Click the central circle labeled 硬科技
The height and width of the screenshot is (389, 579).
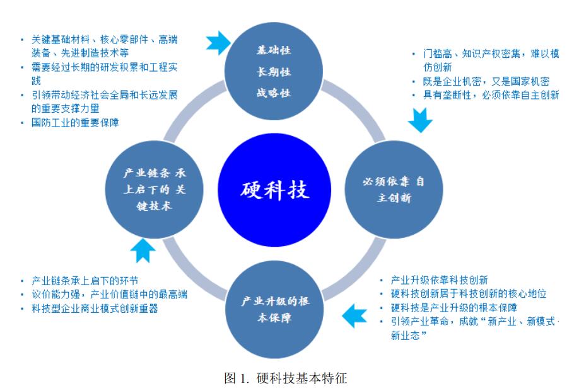point(276,188)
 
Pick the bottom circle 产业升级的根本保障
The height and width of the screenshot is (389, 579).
point(276,309)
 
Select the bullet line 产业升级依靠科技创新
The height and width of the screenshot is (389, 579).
point(438,280)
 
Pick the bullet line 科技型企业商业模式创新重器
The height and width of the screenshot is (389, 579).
point(95,308)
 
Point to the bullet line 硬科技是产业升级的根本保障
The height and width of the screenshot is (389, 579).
point(454,308)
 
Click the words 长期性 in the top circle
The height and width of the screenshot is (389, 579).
point(273,71)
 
